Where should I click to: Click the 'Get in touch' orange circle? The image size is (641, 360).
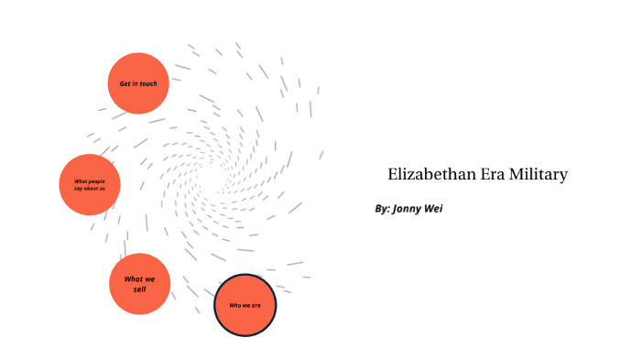click(x=138, y=83)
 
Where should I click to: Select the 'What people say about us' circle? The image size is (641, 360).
click(x=90, y=184)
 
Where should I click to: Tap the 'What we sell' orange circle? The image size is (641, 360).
click(x=139, y=284)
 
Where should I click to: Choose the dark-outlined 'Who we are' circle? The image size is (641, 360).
click(x=244, y=305)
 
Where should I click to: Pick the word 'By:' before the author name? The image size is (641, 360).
click(x=383, y=209)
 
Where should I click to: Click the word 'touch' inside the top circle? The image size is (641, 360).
click(x=148, y=83)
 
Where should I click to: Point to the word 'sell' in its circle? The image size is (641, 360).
click(x=139, y=289)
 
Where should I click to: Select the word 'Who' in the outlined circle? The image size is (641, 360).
click(x=234, y=305)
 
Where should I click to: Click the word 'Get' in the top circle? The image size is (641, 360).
click(x=125, y=83)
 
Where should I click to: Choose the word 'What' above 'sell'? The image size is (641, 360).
click(x=133, y=278)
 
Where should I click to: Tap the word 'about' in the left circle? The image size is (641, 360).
click(x=92, y=188)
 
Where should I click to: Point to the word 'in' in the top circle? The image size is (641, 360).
click(x=135, y=83)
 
